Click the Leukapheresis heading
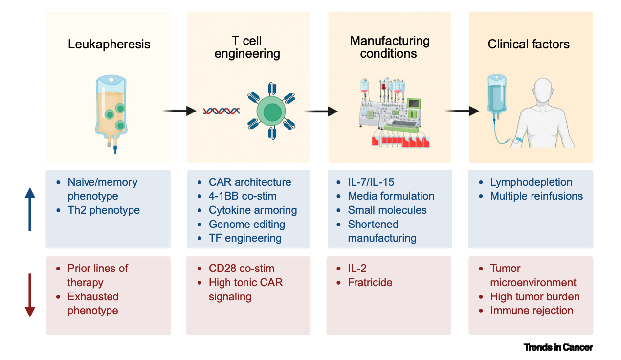point(109,44)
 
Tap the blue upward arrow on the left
point(30,209)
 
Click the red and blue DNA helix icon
point(221,111)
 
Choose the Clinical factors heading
point(529,44)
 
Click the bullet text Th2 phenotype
point(104,210)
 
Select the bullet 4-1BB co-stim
point(243,196)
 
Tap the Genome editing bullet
point(246,224)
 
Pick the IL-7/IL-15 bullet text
point(371,182)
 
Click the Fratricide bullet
point(370,282)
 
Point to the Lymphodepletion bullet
point(531,182)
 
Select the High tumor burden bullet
point(535,296)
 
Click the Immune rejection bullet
point(532,310)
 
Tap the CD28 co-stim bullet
point(241,268)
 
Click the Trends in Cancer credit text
point(558,347)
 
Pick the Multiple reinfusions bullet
point(536,196)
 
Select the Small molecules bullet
point(387,210)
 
